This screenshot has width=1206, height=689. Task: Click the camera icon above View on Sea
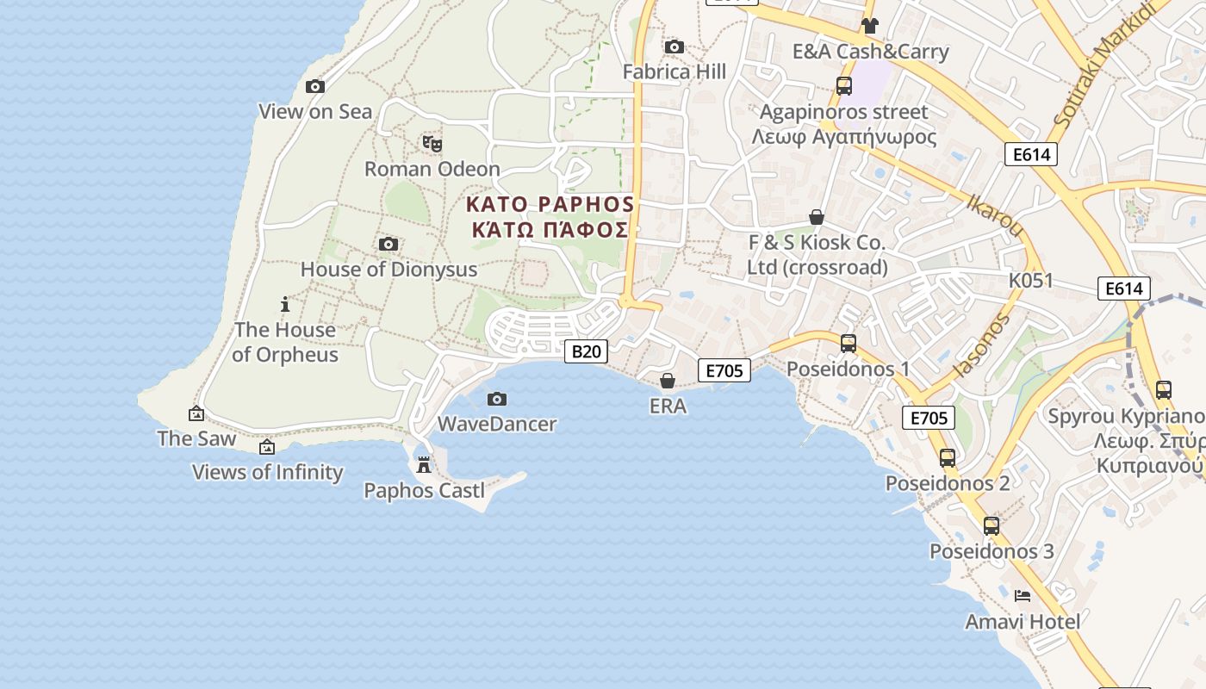tap(315, 86)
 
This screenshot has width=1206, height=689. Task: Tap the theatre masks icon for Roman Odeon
tap(432, 143)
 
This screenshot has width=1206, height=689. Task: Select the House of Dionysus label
tap(389, 270)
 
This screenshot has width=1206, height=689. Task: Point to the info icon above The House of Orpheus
tap(285, 304)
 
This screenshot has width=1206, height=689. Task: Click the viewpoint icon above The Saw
tap(196, 413)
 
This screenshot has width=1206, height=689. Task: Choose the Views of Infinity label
tap(267, 472)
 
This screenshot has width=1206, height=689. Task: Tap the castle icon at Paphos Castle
tap(424, 465)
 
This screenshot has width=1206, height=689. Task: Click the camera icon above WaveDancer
tap(497, 399)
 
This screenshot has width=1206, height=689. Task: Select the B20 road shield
tap(586, 351)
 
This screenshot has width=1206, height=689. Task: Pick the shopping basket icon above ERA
tap(668, 380)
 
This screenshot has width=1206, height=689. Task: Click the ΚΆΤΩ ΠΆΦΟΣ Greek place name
tap(550, 230)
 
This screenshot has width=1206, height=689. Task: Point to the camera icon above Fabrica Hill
tap(674, 47)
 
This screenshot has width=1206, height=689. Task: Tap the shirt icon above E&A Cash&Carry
tap(870, 26)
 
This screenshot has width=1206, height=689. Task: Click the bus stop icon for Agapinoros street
tap(844, 86)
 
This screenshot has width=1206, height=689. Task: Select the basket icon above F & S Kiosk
tap(817, 217)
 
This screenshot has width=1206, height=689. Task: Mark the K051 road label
tap(1031, 281)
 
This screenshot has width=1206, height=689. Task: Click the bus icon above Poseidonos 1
tap(849, 344)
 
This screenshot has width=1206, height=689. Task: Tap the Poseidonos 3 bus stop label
tap(992, 551)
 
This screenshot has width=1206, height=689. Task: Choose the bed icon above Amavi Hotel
tap(1023, 595)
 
